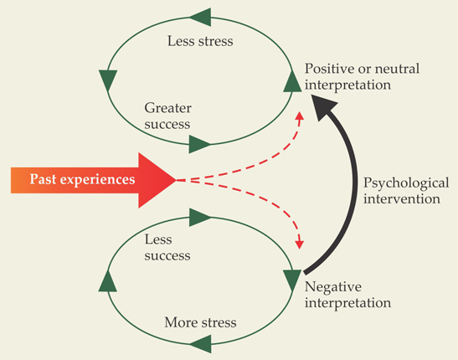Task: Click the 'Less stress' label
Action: tap(200, 41)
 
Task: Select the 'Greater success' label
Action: tap(167, 116)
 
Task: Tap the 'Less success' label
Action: tap(167, 248)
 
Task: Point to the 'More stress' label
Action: tap(200, 322)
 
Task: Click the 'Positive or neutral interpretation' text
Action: tap(363, 77)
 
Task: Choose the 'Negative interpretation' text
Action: tap(347, 295)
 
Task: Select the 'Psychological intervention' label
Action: tap(406, 191)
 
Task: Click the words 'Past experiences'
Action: tap(82, 179)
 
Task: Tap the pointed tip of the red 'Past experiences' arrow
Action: tap(177, 181)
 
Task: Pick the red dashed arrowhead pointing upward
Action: tap(300, 116)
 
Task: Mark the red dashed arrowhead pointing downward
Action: tap(300, 244)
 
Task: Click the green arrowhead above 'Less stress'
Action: tap(200, 18)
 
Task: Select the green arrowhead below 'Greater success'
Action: tap(200, 144)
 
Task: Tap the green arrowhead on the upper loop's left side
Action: tap(108, 80)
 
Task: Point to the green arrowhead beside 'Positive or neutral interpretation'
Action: tap(292, 81)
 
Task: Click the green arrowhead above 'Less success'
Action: tap(200, 217)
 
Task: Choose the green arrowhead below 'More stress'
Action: tap(200, 344)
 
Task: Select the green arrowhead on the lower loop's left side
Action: tap(108, 280)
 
